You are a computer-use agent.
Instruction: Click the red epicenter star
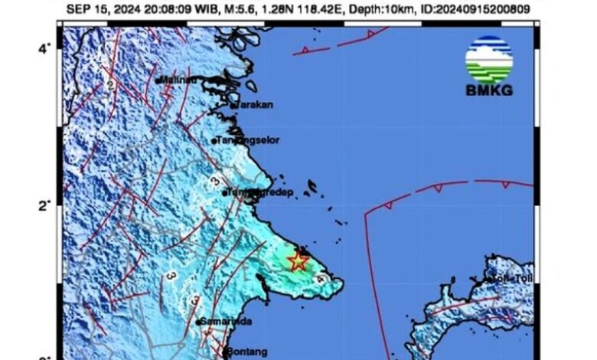coord(297,262)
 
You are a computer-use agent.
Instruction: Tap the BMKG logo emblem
coord(488,59)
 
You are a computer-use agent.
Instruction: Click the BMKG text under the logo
coord(488,91)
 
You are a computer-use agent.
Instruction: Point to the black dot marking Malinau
coord(157,80)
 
